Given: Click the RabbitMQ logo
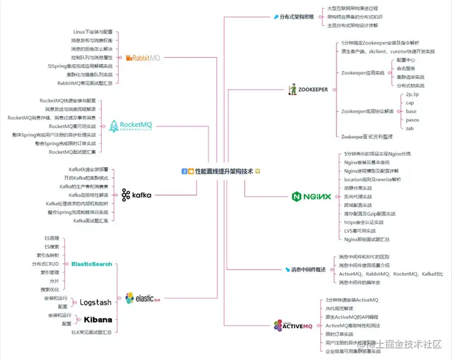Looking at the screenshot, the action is pos(143,58).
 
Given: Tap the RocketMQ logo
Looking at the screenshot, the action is pos(131,126).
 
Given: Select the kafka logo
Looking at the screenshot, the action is pos(137,195).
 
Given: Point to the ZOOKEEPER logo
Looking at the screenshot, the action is pos(308,90).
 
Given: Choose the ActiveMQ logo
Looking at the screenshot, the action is pos(293,325).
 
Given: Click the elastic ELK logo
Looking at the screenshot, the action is pos(143,298).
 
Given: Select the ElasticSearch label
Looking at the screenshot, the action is pos(92,264).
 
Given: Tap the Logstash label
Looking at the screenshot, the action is pos(95,302).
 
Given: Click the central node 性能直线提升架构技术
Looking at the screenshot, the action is pos(220,171).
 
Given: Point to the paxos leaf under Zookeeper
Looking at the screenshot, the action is pos(412,119).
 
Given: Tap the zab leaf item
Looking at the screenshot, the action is pos(410,128).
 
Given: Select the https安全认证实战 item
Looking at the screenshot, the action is pos(364,222).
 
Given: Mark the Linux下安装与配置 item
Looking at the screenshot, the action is pos(95,31).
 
